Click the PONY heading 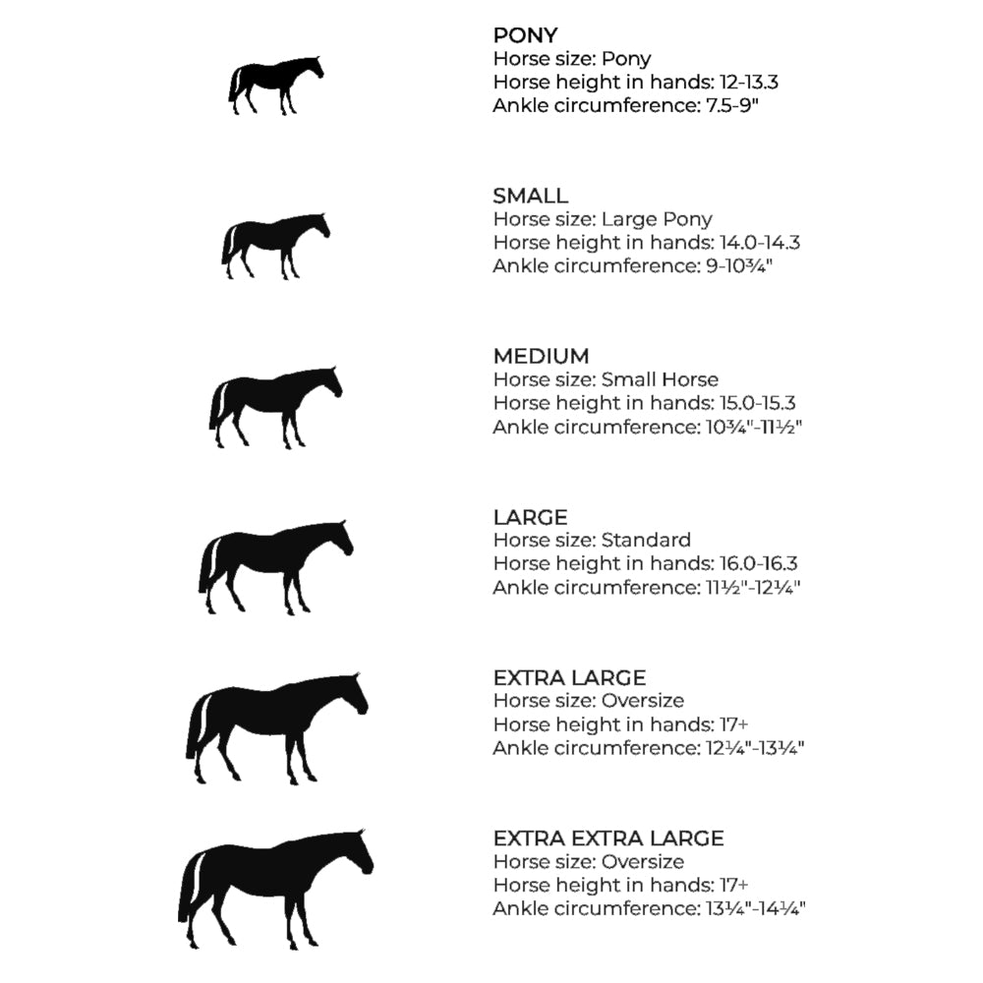(525, 35)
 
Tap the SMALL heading (531, 196)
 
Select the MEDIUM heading (541, 356)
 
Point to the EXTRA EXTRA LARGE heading (608, 838)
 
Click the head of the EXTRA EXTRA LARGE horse (358, 851)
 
